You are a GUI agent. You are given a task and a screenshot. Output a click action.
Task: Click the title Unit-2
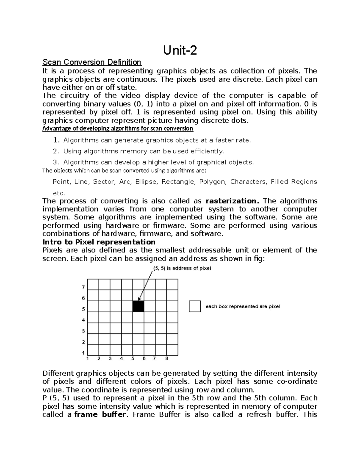pyautogui.click(x=180, y=50)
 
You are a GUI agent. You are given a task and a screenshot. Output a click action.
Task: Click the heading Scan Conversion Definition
pyautogui.click(x=92, y=62)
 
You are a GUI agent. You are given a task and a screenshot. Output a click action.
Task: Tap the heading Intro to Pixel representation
pyautogui.click(x=99, y=242)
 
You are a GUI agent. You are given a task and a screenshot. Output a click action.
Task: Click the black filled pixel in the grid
pyautogui.click(x=138, y=306)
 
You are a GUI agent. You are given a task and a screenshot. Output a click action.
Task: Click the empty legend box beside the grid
pyautogui.click(x=195, y=306)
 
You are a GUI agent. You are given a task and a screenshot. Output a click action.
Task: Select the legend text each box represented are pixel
pyautogui.click(x=242, y=306)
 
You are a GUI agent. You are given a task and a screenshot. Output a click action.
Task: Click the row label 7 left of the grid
pyautogui.click(x=83, y=287)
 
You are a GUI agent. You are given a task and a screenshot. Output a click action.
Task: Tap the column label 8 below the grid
pyautogui.click(x=166, y=358)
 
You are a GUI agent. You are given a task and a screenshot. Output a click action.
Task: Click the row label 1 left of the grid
pyautogui.click(x=83, y=353)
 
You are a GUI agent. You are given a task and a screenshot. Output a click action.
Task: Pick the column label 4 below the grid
pyautogui.click(x=121, y=358)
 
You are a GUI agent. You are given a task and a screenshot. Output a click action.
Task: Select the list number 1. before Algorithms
pyautogui.click(x=56, y=140)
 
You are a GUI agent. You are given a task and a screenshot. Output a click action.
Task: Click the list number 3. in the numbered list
pyautogui.click(x=55, y=162)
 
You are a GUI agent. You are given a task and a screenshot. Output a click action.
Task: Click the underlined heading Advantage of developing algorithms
pyautogui.click(x=118, y=129)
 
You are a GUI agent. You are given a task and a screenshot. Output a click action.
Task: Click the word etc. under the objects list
pyautogui.click(x=58, y=193)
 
